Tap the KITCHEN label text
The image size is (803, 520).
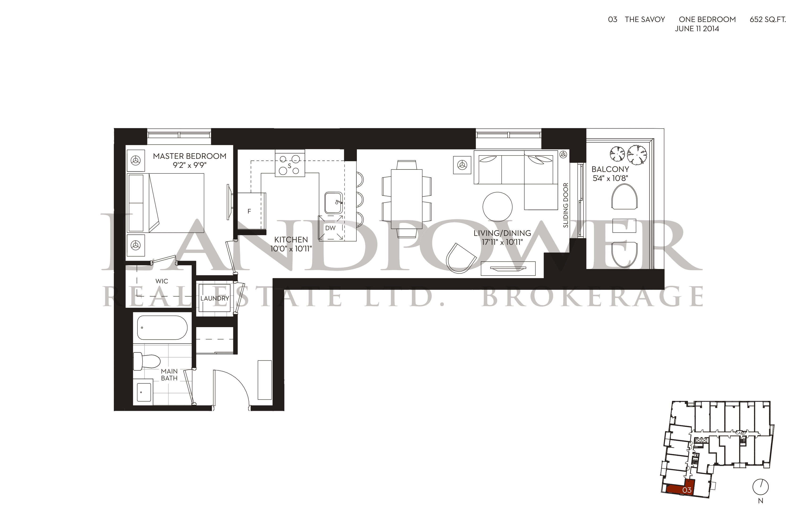291,240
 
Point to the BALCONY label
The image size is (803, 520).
610,169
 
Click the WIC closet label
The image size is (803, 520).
162,281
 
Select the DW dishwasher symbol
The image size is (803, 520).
331,228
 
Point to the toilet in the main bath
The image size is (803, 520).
146,362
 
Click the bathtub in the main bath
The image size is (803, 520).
162,328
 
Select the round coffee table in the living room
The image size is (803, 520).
497,207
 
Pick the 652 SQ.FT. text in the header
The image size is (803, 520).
768,20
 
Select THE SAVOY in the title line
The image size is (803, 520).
645,20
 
